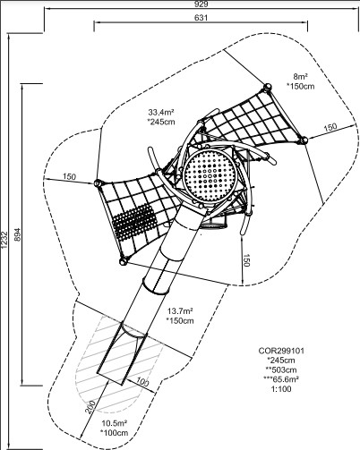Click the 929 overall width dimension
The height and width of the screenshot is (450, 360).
[x=201, y=4]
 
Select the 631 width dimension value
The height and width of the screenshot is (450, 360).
[x=201, y=18]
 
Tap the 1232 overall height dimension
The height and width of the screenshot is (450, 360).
[x=4, y=240]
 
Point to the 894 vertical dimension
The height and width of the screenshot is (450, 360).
[x=18, y=234]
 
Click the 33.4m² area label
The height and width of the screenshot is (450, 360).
[x=161, y=113]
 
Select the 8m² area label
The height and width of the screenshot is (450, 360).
[x=301, y=77]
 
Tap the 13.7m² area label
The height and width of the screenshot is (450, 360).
[x=180, y=311]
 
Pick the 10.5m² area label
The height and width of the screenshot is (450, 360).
[x=115, y=423]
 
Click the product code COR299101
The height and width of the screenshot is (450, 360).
[x=281, y=351]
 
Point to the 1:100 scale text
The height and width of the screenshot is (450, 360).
[x=281, y=389]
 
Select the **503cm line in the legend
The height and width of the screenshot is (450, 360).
[x=281, y=369]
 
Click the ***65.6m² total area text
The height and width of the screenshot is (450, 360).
[x=281, y=379]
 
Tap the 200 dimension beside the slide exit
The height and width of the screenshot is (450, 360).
[x=90, y=407]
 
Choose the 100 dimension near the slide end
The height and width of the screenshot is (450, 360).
[x=142, y=382]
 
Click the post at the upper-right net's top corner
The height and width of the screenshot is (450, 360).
[x=267, y=87]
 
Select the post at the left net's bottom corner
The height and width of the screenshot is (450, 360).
[x=123, y=262]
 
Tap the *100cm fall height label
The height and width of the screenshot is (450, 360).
[x=115, y=433]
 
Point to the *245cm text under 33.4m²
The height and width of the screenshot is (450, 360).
[x=161, y=122]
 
